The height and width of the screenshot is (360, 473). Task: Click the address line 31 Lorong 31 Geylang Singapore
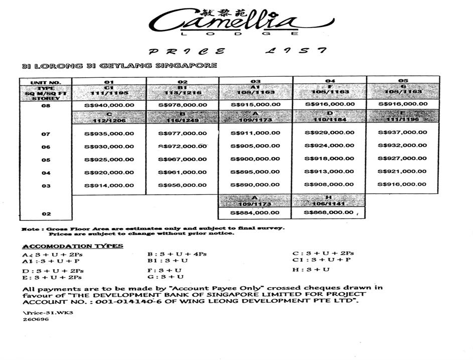click(119, 66)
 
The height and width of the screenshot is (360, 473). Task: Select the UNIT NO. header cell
click(45, 82)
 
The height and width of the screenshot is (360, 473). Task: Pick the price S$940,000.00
click(109, 105)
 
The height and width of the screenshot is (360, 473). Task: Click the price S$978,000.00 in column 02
click(182, 105)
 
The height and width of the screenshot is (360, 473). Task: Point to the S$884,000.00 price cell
click(255, 213)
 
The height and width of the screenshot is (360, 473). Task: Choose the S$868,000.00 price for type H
click(329, 213)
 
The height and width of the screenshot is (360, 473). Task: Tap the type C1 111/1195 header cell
click(109, 91)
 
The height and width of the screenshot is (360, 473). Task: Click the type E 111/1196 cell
click(402, 116)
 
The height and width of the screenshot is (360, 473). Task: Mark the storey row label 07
click(46, 134)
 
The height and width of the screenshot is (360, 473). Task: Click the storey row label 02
click(46, 214)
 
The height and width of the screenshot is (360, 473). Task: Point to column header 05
click(403, 81)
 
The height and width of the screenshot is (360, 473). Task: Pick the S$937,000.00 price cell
click(402, 133)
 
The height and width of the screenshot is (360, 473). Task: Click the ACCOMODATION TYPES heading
click(73, 246)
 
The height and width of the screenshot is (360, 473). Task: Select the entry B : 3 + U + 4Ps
click(177, 254)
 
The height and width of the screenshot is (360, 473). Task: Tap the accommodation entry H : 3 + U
click(311, 270)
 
